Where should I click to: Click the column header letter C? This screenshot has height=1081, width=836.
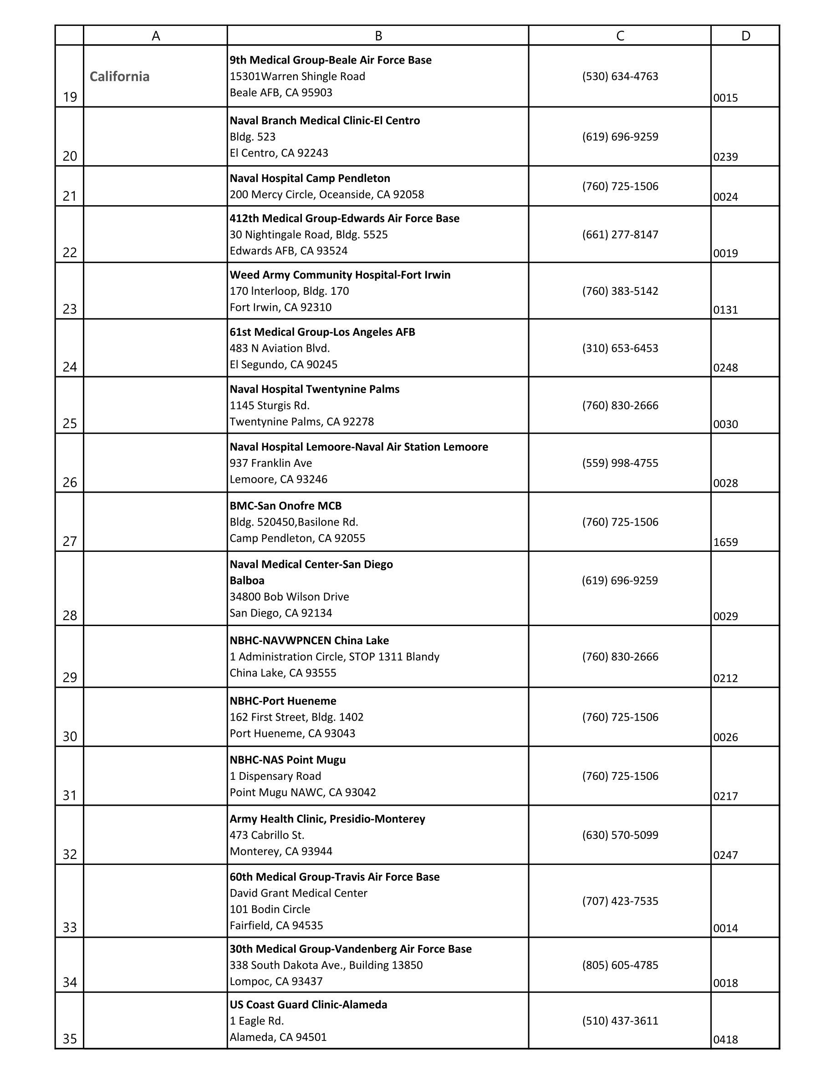pos(620,35)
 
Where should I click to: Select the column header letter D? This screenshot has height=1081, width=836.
pos(745,35)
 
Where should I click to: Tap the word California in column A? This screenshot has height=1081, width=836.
pos(119,76)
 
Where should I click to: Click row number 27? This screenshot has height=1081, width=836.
pos(70,541)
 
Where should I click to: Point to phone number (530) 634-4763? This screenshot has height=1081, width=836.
pos(620,76)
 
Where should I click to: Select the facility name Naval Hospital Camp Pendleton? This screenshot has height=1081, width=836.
pos(310,178)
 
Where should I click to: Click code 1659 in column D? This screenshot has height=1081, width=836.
pos(725,542)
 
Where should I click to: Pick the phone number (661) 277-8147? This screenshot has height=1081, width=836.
pos(620,235)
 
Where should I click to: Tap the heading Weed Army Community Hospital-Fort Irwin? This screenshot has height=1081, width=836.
pos(340,275)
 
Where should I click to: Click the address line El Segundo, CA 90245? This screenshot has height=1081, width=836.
pos(283,365)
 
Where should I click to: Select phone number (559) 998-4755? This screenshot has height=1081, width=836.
pos(620,463)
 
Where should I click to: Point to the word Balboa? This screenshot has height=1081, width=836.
pos(247,581)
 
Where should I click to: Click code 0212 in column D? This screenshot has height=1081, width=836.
pos(725,678)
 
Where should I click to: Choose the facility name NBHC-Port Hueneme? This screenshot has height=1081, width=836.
pos(283,701)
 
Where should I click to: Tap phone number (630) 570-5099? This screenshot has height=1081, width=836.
pos(620,835)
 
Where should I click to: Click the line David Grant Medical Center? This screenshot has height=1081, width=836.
pos(298,893)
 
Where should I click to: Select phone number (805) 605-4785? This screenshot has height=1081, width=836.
pos(620,965)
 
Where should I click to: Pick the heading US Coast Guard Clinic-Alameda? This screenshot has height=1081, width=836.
pos(308,1004)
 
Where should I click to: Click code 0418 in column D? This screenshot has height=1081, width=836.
pos(725,1040)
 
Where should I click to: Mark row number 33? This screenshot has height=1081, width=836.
pos(70,927)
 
